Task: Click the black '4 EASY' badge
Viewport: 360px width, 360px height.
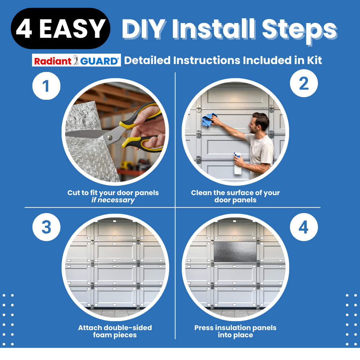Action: click(60, 29)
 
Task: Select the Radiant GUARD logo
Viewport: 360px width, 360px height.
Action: click(76, 60)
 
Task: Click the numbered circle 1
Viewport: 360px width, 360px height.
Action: click(46, 86)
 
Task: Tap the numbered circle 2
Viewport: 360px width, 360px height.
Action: click(304, 84)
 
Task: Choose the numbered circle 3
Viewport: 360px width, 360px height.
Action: click(46, 228)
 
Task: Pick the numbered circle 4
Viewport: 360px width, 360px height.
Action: click(304, 228)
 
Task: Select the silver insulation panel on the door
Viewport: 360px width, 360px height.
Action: click(235, 252)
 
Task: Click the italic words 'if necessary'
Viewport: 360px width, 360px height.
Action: click(113, 200)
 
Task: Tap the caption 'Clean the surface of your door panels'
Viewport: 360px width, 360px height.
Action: click(235, 196)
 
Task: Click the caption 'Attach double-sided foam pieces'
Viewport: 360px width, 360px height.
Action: click(115, 331)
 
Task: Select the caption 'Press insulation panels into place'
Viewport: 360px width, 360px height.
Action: click(235, 331)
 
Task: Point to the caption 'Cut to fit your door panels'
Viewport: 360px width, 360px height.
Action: click(113, 193)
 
